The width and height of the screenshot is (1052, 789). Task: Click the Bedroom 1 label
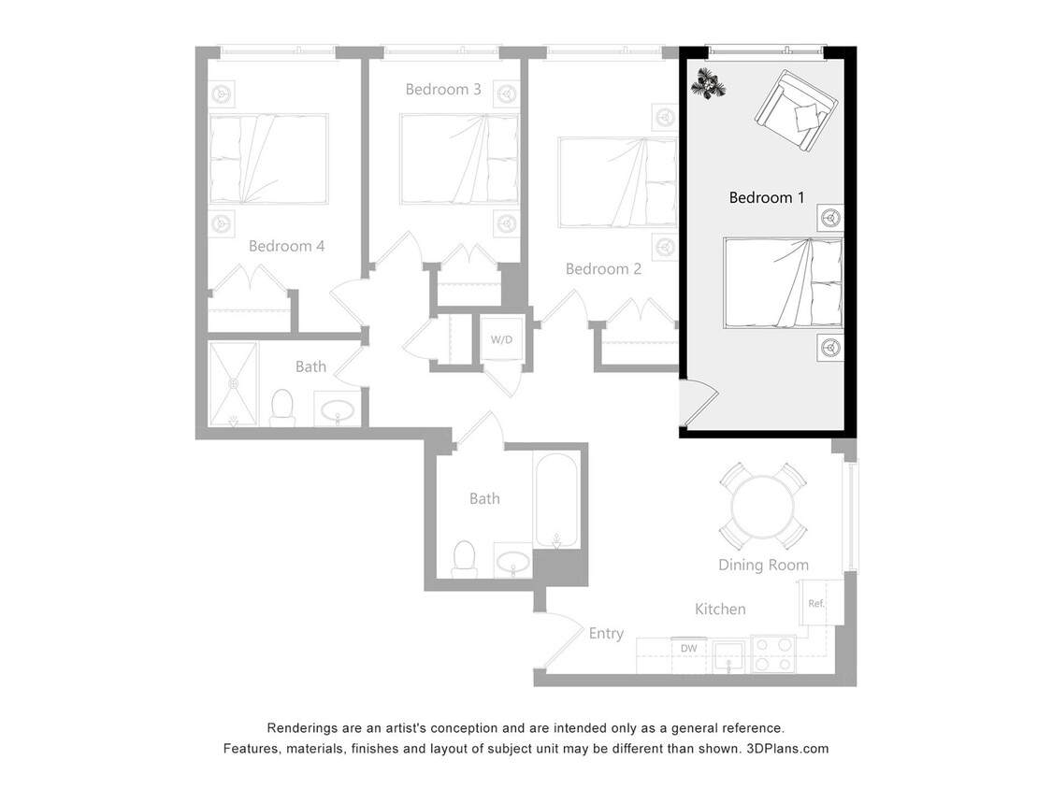(x=766, y=198)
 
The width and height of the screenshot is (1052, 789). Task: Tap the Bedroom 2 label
(x=603, y=269)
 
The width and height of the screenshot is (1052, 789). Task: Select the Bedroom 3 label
(x=443, y=90)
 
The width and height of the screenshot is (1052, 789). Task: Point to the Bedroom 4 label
(x=286, y=247)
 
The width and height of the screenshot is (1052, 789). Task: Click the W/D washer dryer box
(x=502, y=338)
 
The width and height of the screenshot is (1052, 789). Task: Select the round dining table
(x=763, y=507)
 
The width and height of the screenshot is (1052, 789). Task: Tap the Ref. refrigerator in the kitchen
(x=816, y=603)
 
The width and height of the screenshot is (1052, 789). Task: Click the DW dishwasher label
(x=688, y=648)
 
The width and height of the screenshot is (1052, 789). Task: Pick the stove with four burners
(x=772, y=654)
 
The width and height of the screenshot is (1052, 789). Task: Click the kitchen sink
(x=728, y=655)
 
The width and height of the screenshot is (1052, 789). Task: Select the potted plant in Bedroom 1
(x=708, y=84)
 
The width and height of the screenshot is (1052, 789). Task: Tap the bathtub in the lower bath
(x=557, y=501)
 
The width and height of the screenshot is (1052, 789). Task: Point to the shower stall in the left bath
(x=232, y=383)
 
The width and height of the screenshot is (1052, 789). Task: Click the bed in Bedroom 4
(x=268, y=159)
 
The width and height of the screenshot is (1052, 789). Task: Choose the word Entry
(x=606, y=634)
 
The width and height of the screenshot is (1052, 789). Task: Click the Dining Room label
(x=763, y=565)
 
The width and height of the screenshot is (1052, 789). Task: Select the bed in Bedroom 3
(x=458, y=159)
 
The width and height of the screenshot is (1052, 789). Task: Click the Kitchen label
(x=720, y=610)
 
